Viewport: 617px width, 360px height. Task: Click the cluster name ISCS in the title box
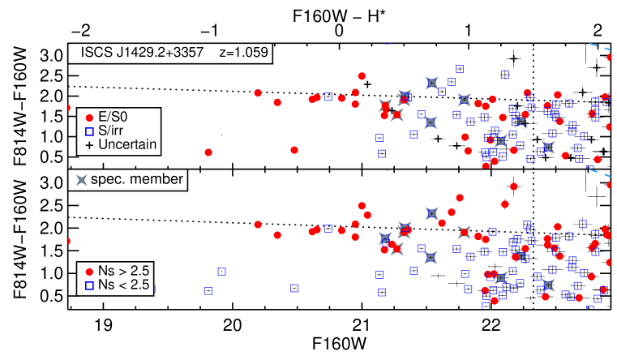coord(98,54)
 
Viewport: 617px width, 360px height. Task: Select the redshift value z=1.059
coord(243,54)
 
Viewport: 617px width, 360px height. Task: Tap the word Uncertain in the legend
coord(126,146)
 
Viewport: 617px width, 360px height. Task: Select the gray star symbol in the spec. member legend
coord(82,180)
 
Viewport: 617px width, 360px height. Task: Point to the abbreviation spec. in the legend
coord(111,180)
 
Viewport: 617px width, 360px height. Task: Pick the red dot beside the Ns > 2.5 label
coord(89,271)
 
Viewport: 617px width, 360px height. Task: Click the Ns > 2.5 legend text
coord(124,271)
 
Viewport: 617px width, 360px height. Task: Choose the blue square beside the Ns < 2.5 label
coord(89,285)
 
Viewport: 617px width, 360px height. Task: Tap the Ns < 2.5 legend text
coord(124,285)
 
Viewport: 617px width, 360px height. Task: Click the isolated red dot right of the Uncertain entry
coord(208,152)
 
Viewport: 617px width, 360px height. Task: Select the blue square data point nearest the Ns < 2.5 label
coord(208,290)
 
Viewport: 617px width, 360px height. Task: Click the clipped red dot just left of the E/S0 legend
coord(69,108)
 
